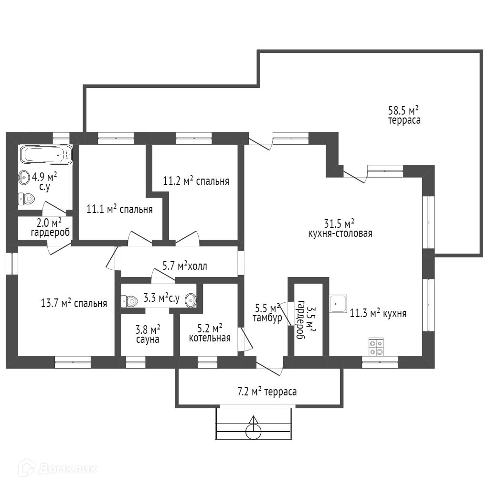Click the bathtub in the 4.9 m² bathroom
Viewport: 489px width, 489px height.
tap(46, 155)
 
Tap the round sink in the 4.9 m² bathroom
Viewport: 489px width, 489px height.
tap(24, 178)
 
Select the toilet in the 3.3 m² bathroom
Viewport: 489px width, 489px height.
tap(129, 300)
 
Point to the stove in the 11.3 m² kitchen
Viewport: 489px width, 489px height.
tap(376, 347)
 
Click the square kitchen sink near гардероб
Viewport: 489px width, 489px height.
tap(339, 303)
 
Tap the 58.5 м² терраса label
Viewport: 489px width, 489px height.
tap(404, 115)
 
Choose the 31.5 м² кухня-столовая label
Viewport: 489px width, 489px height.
tap(340, 228)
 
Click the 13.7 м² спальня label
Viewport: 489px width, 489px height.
tap(74, 303)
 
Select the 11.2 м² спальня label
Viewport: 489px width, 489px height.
tap(196, 181)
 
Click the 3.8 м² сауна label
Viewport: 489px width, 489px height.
tap(147, 334)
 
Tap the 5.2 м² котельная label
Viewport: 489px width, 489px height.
tap(210, 333)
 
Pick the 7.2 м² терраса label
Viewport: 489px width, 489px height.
tap(267, 392)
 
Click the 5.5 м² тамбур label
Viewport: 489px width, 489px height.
tap(267, 313)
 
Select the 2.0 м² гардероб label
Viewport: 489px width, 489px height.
tap(50, 228)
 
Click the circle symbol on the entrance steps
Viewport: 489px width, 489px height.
tap(254, 431)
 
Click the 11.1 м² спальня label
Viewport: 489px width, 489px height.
tap(119, 209)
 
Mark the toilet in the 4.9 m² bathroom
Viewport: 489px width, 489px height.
tap(27, 199)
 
